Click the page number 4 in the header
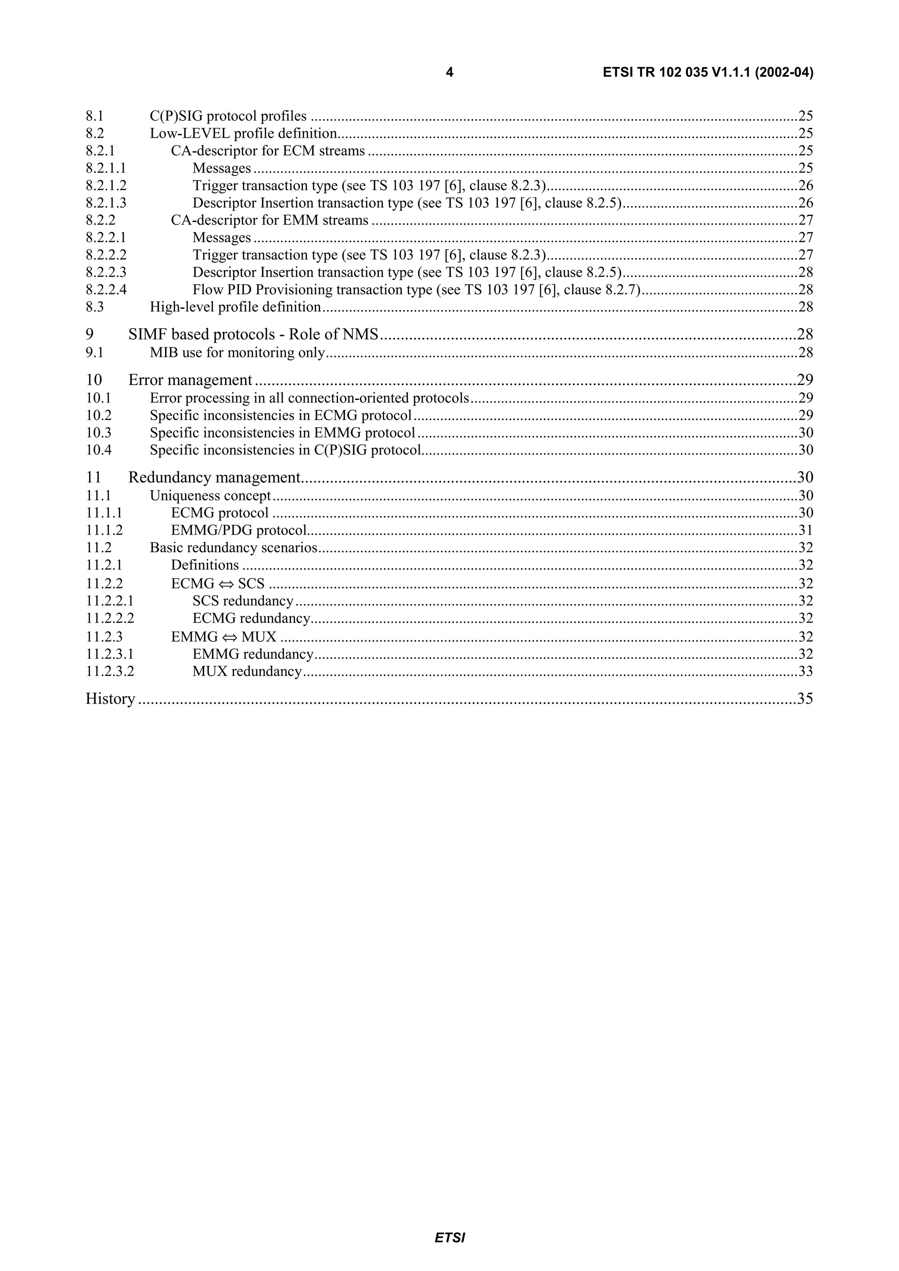pos(449,72)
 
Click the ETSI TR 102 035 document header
pos(708,72)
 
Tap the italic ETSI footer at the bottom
pos(449,1238)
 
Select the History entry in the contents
pos(110,699)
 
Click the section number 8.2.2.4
pos(106,289)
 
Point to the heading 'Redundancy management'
pos(214,477)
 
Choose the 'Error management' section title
pos(190,380)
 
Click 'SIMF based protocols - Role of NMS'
pos(253,334)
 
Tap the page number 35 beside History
pos(805,699)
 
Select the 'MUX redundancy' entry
pos(247,671)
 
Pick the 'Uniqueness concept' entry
pos(211,496)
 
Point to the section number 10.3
pos(99,432)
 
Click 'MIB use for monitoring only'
pos(237,353)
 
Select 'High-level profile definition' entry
pos(235,307)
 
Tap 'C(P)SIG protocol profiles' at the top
pos(228,116)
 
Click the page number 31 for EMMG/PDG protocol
pos(806,530)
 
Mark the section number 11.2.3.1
pos(110,654)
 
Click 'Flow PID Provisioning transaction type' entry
pos(313,289)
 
